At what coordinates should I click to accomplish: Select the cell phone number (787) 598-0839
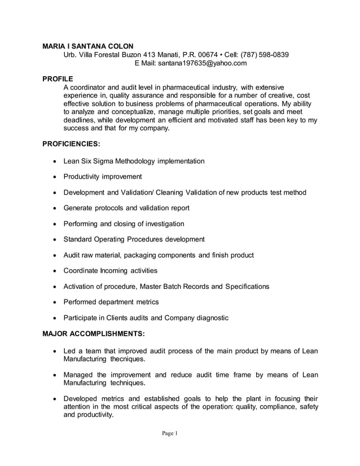[x=265, y=55]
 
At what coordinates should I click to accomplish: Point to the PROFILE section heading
[x=58, y=78]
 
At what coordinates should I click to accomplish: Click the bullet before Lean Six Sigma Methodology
[x=54, y=162]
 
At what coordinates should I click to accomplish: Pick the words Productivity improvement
[x=103, y=177]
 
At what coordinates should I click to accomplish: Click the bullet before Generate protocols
[x=54, y=209]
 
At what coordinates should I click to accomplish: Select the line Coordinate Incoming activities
[x=111, y=271]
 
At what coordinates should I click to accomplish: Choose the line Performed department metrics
[x=111, y=302]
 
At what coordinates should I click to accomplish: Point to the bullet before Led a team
[x=54, y=351]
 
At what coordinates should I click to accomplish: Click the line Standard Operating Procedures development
[x=134, y=240]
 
